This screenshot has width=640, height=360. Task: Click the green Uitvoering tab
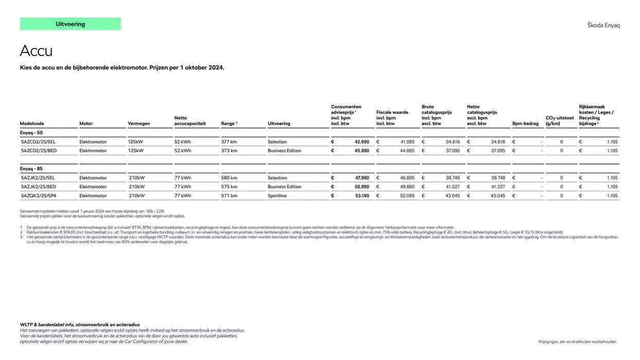coord(70,24)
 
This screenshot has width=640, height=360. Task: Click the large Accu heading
coord(36,51)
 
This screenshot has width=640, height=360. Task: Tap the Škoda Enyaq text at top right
coord(603,25)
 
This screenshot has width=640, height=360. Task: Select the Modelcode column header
coord(32,123)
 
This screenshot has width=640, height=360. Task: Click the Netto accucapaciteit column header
coord(190,121)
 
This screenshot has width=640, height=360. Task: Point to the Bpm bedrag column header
coord(525,123)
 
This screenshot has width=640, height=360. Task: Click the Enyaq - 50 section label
coord(31,133)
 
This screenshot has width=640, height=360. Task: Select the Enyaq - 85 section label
coord(31,169)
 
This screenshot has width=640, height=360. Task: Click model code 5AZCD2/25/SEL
coord(39,142)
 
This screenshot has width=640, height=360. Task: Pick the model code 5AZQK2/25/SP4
coord(39,196)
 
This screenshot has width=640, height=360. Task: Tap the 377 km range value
coord(229,142)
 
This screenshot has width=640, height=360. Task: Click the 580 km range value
coord(229,178)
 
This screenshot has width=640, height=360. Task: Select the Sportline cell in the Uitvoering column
coord(277,196)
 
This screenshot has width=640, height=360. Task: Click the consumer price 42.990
coord(362,142)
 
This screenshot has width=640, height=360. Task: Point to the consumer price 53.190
coord(362,196)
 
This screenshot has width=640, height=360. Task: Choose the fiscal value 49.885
coord(407,187)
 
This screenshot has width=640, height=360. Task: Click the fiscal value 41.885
coord(407,142)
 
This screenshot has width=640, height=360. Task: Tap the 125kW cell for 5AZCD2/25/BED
coord(136,151)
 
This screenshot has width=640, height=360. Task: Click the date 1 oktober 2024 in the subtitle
coord(202,67)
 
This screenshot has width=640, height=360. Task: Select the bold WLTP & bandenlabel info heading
coord(80,325)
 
